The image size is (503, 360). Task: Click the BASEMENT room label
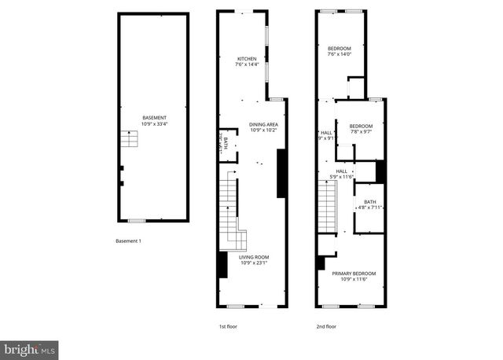[x=154, y=118]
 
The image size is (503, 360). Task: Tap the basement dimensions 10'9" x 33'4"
[x=154, y=124]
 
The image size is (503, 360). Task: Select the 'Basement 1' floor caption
[x=128, y=241]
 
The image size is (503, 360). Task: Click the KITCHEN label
[x=248, y=59]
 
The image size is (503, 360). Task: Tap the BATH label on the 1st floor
[x=226, y=143]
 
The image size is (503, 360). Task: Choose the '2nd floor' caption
[x=326, y=326]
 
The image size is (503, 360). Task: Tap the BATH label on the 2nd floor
[x=369, y=203]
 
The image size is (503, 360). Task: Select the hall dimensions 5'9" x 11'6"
[x=342, y=177]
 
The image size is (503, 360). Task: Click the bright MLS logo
[x=29, y=347]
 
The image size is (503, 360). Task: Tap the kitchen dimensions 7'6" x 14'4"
[x=248, y=65]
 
